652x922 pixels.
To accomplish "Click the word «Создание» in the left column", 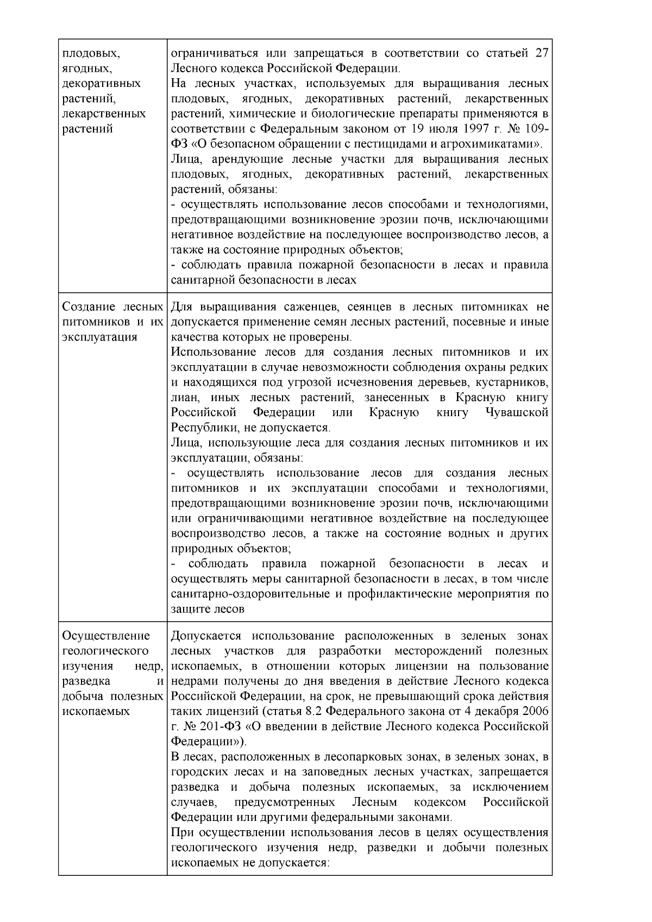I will (85, 307).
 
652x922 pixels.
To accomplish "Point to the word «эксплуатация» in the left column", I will (99, 337).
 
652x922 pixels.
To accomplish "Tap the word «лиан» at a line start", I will (183, 397).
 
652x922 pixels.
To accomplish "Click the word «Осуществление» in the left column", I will (106, 636).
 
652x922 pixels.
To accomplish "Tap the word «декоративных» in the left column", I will (102, 84).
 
